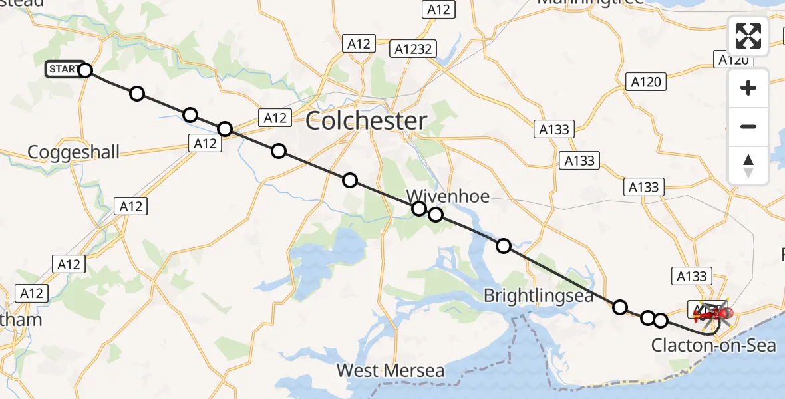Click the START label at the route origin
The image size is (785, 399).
click(62, 69)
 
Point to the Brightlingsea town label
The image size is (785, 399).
click(538, 295)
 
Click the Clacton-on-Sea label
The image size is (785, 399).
click(713, 346)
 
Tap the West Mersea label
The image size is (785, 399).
click(390, 370)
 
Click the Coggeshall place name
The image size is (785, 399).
click(74, 152)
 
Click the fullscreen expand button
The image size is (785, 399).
click(748, 36)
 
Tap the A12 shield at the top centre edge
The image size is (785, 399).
click(438, 9)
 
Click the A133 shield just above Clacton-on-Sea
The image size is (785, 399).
click(692, 275)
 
